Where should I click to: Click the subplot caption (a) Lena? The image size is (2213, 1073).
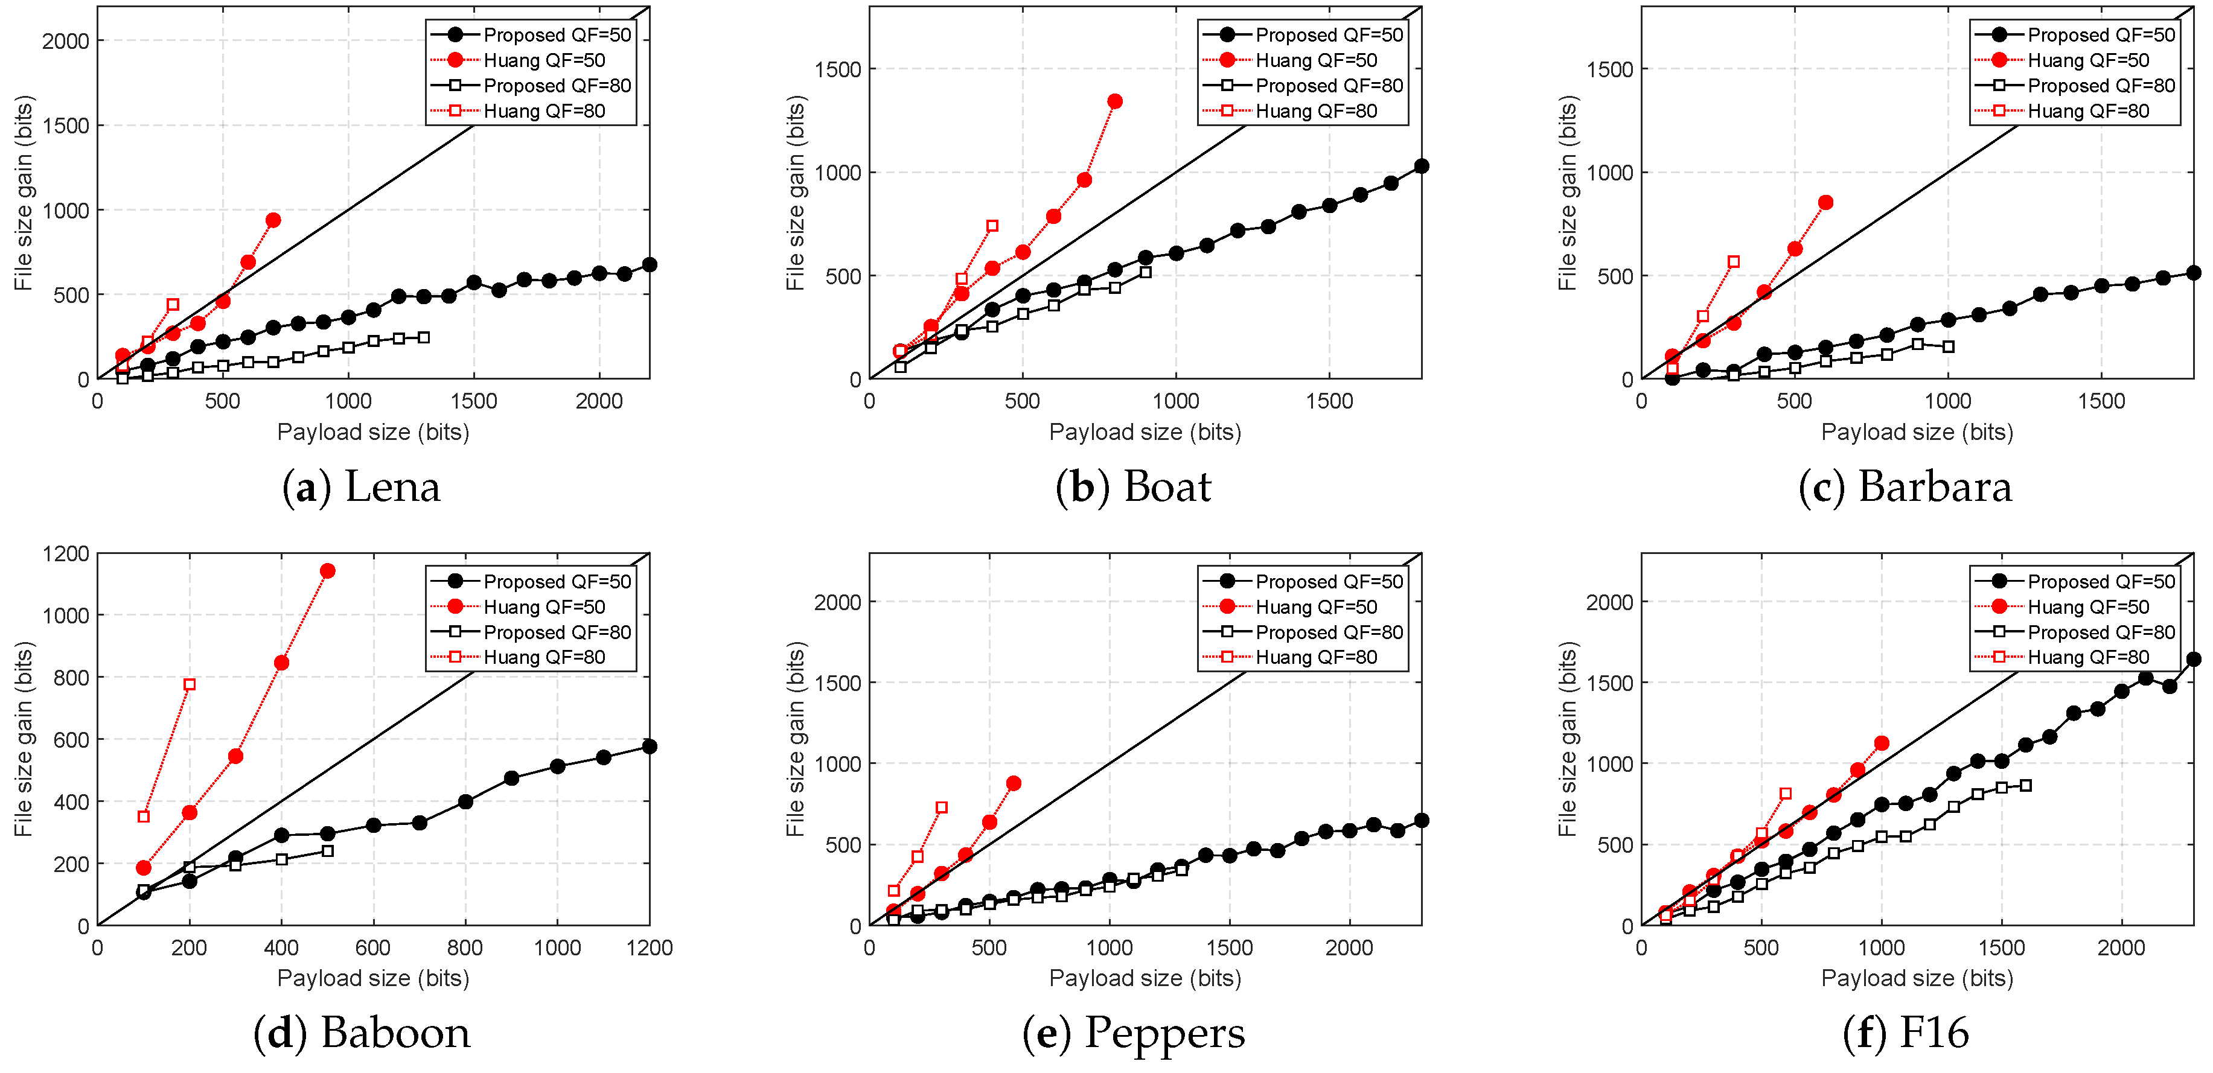pyautogui.click(x=361, y=487)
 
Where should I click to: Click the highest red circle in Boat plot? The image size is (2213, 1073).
pyautogui.click(x=1115, y=101)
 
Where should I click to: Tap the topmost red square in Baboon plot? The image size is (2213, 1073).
pyautogui.click(x=190, y=685)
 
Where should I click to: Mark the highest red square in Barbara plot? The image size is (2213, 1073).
pyautogui.click(x=1734, y=262)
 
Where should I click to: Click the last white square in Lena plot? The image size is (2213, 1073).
pyautogui.click(x=424, y=337)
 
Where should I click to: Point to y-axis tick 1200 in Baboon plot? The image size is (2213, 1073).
pyautogui.click(x=65, y=554)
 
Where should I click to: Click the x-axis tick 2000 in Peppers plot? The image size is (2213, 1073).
pyautogui.click(x=1349, y=947)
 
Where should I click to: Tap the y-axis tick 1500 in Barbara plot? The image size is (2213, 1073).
pyautogui.click(x=1609, y=69)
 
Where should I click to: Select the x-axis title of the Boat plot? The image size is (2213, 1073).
pyautogui.click(x=1145, y=432)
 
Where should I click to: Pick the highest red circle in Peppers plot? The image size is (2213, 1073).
pyautogui.click(x=1014, y=783)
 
